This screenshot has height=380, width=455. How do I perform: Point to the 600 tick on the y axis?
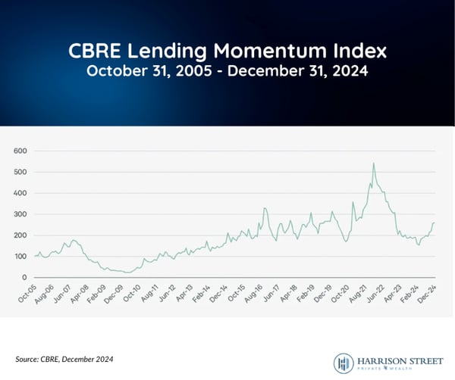tap(20, 151)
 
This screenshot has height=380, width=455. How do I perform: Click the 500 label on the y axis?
tap(20, 172)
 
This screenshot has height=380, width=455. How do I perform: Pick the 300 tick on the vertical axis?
tap(20, 214)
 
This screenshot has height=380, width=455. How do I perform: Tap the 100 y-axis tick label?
tap(20, 257)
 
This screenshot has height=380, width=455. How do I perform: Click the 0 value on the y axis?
tap(24, 278)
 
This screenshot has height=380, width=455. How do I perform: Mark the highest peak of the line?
tap(373, 163)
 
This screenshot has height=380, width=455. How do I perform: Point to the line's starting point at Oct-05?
tap(35, 256)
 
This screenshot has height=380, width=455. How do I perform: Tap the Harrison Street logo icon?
tap(343, 362)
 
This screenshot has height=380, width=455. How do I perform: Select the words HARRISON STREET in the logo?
tap(396, 357)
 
